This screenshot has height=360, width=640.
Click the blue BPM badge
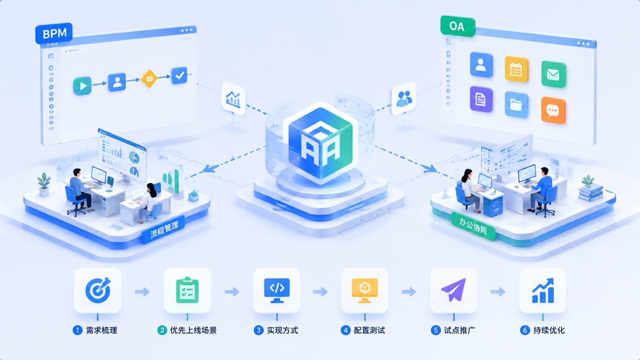coord(54,33)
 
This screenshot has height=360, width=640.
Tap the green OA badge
coord(457,26)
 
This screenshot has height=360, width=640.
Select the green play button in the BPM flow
coord(82,86)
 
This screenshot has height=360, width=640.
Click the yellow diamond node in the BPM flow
coord(149,78)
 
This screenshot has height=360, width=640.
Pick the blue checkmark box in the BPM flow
coord(180,75)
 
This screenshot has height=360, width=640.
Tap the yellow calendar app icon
coord(516,69)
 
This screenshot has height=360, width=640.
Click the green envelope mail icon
coord(553,75)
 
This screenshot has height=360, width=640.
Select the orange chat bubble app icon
coord(553,111)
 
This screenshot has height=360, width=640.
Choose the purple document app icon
coord(481,99)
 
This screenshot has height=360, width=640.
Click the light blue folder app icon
coord(516,104)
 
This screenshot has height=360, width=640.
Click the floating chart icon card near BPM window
coord(233,99)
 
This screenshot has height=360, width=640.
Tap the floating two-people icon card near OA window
coord(403,99)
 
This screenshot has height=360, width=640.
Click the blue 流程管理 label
coord(164,229)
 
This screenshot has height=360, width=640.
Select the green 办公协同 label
coord(473,226)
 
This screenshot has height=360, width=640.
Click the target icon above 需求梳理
coord(98,290)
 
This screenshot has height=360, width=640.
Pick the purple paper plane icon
coord(454,290)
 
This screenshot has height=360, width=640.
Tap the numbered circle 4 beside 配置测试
coord(346,330)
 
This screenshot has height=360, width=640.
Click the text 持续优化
coord(549,330)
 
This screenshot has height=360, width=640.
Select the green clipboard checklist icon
coord(187,290)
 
